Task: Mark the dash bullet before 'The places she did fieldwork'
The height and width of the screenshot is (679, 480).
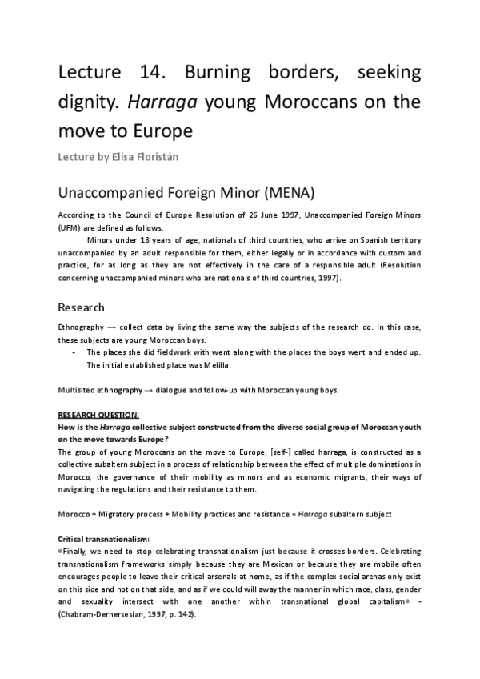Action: point(74,352)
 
